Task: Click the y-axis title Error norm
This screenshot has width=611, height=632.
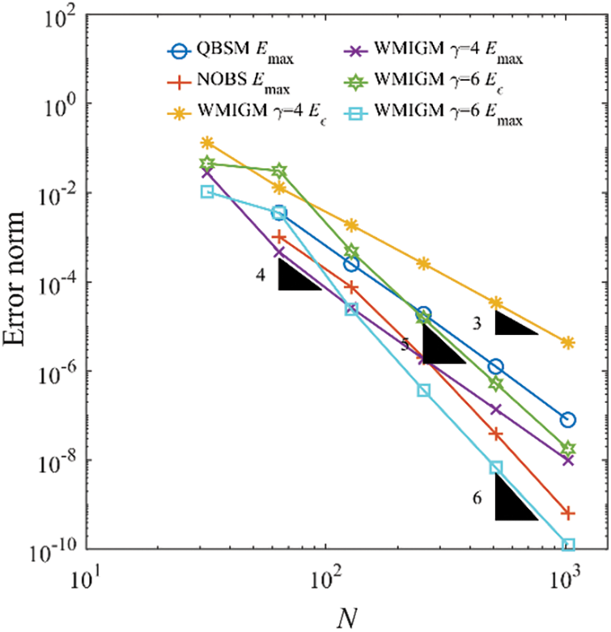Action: (19, 282)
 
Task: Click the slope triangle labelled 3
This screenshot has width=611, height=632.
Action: (515, 323)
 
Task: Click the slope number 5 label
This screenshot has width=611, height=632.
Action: (405, 345)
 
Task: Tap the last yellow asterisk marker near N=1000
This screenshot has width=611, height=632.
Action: (568, 342)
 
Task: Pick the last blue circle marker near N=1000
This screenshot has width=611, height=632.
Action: (568, 419)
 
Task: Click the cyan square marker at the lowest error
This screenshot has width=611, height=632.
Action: (568, 545)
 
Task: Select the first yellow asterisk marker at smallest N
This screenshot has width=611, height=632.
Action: (207, 142)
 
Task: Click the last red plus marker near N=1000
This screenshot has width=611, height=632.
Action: (568, 513)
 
